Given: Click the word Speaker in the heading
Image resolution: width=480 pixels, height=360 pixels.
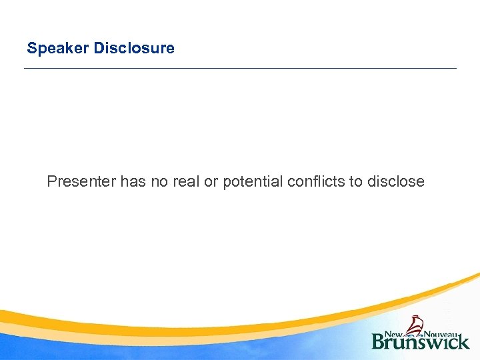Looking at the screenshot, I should pos(58,49).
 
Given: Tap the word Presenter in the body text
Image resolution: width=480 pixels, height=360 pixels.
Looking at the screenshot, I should pos(82,181).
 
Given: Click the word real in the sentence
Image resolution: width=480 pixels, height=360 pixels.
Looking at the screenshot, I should pos(187,181).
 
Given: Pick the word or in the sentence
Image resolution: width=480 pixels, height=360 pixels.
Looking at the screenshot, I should pos(211,181).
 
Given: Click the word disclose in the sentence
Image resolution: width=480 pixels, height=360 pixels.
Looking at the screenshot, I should pos(395,181).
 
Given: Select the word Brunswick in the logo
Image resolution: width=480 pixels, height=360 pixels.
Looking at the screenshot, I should pos(420,341).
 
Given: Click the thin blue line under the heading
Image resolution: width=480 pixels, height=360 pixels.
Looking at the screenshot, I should pos(240,69).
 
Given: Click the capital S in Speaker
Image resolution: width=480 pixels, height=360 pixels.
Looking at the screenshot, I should pos(31,49).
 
